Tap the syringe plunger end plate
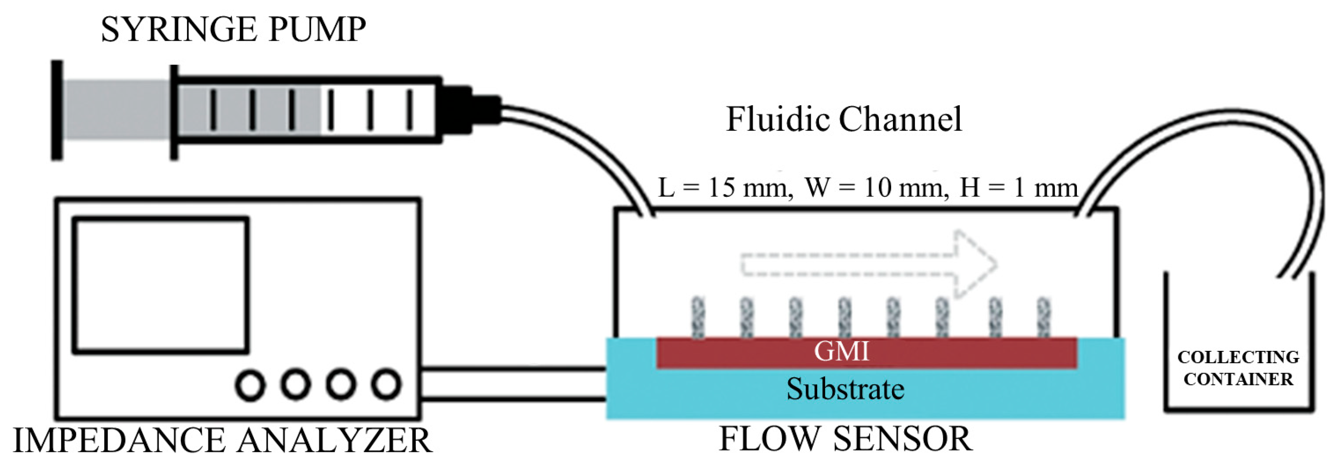pos(57,110)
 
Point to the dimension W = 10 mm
pos(876,187)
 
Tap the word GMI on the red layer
pos(841,352)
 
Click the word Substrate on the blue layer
pos(845,389)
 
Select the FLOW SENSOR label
pos(845,440)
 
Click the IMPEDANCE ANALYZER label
pos(222,440)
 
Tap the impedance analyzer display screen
pos(161,286)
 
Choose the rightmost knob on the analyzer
pos(386,385)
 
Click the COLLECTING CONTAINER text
pos(1238,368)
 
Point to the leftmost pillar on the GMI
pos(698,317)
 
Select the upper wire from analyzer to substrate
pos(513,369)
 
